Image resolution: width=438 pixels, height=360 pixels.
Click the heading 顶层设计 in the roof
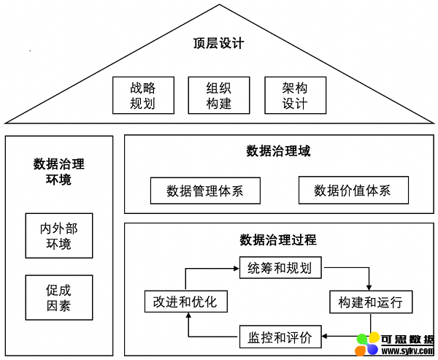click(219, 44)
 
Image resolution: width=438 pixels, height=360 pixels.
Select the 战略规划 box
click(143, 96)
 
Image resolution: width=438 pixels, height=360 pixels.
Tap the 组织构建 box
click(219, 96)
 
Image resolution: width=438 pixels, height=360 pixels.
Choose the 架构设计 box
click(295, 96)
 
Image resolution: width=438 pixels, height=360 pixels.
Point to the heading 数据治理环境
click(58, 172)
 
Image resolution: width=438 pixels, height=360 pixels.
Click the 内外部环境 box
click(59, 236)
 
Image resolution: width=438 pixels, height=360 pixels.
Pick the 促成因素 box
click(59, 298)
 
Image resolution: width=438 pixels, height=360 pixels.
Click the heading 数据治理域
click(278, 151)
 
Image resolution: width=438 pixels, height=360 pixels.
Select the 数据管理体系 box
click(205, 191)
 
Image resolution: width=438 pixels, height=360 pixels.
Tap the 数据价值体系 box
click(353, 190)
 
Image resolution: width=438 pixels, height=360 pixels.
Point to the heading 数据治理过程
click(278, 240)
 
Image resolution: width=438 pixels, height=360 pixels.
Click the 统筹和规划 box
click(280, 268)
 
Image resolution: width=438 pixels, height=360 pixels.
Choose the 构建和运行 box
click(371, 302)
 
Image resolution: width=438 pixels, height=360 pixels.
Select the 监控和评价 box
click(280, 337)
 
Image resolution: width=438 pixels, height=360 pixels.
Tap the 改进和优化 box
click(185, 302)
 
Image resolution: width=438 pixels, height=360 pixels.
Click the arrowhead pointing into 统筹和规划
click(237, 269)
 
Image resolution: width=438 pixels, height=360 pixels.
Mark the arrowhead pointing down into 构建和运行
click(369, 288)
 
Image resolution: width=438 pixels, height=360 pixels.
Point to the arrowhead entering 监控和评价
click(325, 336)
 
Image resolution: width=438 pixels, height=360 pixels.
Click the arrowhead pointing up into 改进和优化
click(188, 315)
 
